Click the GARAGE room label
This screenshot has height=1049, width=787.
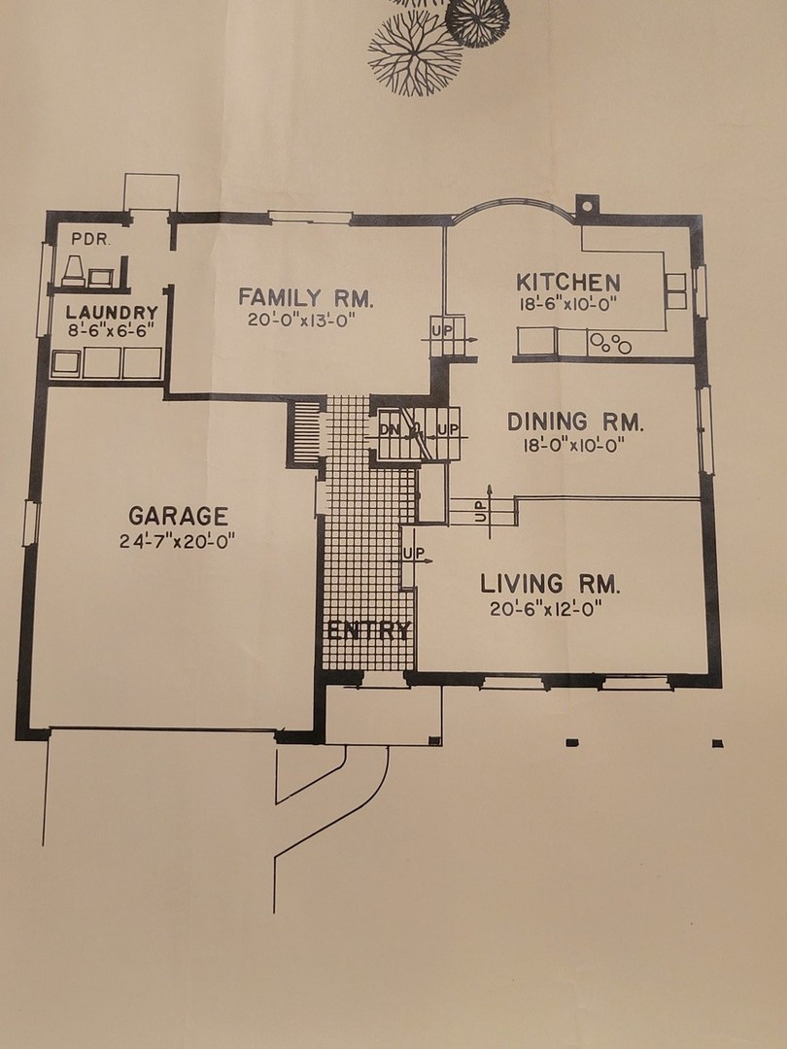click(x=178, y=516)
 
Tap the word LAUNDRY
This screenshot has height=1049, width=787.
click(x=112, y=313)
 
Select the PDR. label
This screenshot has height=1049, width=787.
click(x=90, y=240)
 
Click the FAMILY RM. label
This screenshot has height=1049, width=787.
click(x=306, y=297)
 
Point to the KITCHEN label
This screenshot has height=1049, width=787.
click(x=568, y=282)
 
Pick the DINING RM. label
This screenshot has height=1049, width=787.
click(x=575, y=423)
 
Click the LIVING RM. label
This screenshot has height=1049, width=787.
click(x=550, y=584)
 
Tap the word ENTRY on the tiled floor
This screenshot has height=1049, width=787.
click(x=369, y=631)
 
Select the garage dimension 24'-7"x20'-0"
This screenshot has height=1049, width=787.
click(x=178, y=541)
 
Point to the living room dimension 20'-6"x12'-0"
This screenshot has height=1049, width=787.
click(x=546, y=609)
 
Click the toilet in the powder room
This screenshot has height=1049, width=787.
click(x=73, y=271)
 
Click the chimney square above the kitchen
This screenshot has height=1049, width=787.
click(x=586, y=205)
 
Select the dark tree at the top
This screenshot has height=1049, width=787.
click(x=477, y=22)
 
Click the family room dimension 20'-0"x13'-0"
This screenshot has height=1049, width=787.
click(x=300, y=320)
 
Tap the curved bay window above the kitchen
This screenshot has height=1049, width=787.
click(x=514, y=202)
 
